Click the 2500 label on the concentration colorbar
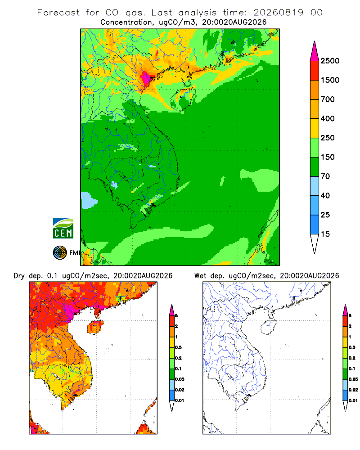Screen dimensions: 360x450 click(x=330, y=61)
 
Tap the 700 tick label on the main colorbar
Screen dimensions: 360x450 click(x=328, y=99)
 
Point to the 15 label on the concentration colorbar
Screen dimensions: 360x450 click(x=325, y=234)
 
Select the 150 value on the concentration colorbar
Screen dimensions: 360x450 click(x=328, y=157)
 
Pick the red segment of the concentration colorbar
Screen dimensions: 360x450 click(x=315, y=71)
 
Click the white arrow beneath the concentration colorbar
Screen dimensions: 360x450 click(x=315, y=243)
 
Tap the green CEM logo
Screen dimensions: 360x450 click(x=63, y=229)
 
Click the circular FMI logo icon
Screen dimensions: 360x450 click(x=60, y=253)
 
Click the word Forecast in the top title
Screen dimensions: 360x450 click(x=58, y=13)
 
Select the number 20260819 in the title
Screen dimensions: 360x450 click(x=278, y=13)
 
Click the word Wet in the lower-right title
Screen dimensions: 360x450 click(x=200, y=276)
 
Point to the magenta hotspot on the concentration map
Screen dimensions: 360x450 click(x=146, y=78)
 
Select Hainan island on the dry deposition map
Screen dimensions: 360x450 click(x=95, y=327)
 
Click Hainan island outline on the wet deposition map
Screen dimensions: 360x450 click(x=269, y=327)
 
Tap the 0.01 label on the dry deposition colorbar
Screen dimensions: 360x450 click(x=180, y=400)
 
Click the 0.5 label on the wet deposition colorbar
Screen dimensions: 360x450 click(x=352, y=347)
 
